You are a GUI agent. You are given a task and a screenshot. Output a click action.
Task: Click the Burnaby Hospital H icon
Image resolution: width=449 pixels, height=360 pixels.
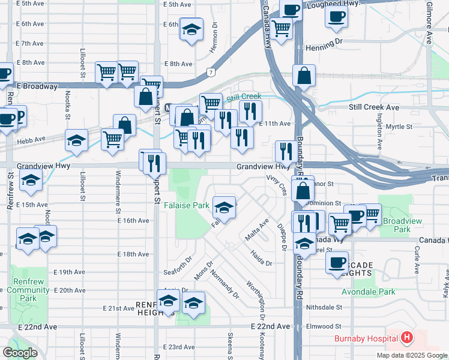407,338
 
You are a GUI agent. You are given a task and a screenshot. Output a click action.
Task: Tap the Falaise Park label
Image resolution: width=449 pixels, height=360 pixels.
187,205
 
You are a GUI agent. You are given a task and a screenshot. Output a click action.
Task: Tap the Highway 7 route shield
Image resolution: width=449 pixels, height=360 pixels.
211,73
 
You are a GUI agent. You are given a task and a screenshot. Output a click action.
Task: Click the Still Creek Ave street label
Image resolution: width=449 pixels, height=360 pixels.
374,107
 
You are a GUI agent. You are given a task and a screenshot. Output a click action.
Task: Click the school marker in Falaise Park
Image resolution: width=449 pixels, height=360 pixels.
224,208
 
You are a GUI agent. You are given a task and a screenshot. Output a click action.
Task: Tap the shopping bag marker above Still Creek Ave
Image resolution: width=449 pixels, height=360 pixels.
304,76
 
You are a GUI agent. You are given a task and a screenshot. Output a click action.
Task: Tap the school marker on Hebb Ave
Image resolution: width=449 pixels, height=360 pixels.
76,140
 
